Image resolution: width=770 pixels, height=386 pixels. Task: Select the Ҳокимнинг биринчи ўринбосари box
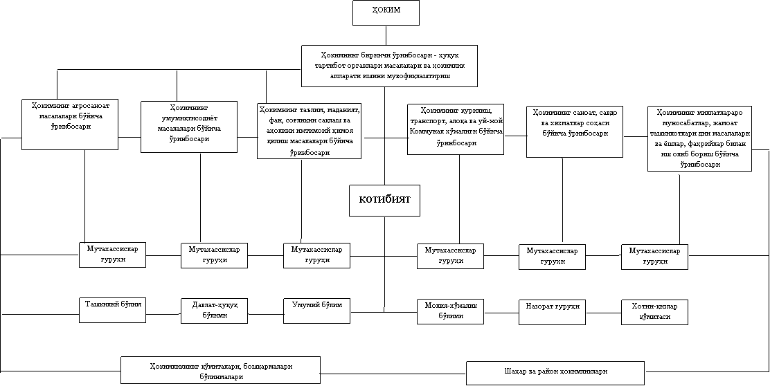coord(389,66)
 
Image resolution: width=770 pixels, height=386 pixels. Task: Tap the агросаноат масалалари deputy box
coord(70,124)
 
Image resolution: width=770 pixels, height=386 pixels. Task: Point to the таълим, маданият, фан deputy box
coord(309,131)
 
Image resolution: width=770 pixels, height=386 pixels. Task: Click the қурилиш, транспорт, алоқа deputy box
coord(455,129)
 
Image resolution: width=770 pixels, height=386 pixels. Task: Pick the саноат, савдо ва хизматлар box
coord(575,131)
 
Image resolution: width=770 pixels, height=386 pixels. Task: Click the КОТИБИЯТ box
coord(385,200)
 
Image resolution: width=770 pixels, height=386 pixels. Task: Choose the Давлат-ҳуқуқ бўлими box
coord(214,311)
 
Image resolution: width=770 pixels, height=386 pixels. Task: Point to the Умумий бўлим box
coord(316,310)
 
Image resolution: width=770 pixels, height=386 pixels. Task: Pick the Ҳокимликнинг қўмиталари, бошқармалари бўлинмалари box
coord(220,370)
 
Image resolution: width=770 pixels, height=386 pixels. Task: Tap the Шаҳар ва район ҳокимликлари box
coord(555,372)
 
